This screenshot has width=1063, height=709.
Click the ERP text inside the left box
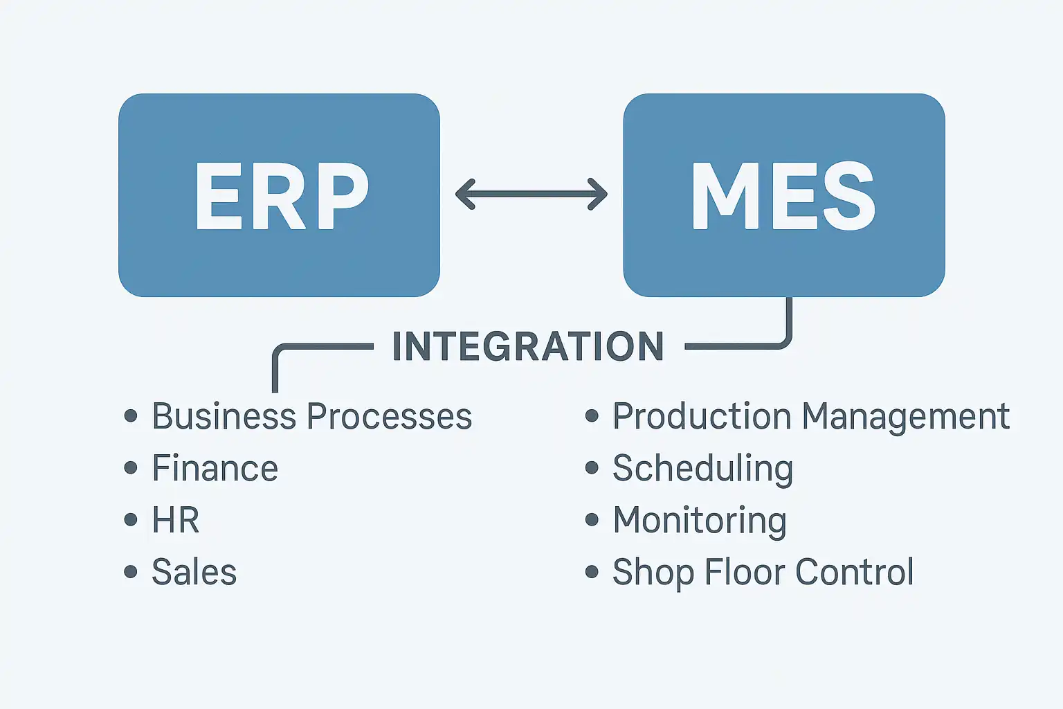point(280,197)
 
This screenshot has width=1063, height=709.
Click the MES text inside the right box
point(783,197)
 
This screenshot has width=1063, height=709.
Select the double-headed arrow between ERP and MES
point(531,194)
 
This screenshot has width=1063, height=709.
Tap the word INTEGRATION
point(528,347)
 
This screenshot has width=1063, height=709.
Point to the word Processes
point(389,417)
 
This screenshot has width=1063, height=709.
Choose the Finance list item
point(215,469)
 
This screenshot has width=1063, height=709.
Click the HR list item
point(176,521)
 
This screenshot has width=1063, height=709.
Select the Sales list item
point(194,573)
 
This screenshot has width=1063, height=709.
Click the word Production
point(702,417)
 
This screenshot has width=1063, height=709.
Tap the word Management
point(906,417)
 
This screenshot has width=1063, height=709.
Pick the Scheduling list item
point(702,469)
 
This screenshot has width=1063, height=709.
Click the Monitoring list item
point(700,521)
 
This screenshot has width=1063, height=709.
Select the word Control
point(855,573)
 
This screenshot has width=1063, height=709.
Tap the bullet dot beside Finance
point(131,468)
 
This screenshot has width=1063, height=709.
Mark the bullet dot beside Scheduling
point(592,468)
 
